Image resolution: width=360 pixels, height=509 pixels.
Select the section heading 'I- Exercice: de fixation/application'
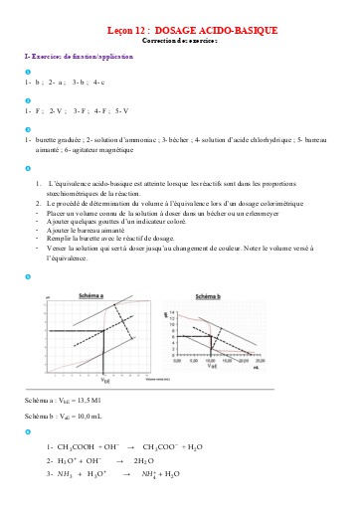click(x=76, y=60)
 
